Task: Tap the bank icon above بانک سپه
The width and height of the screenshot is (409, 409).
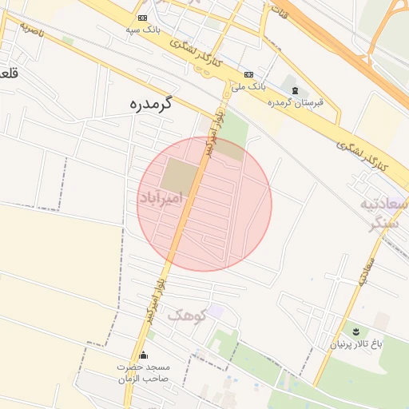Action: click(x=142, y=18)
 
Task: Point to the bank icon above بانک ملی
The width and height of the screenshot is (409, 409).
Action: click(x=249, y=73)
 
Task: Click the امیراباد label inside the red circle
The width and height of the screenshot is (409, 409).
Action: click(x=161, y=197)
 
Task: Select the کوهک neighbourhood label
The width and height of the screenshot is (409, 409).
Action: click(x=186, y=315)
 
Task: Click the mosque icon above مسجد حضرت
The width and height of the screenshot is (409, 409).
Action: click(x=144, y=355)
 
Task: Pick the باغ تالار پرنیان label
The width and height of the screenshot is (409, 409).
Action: click(x=357, y=345)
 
